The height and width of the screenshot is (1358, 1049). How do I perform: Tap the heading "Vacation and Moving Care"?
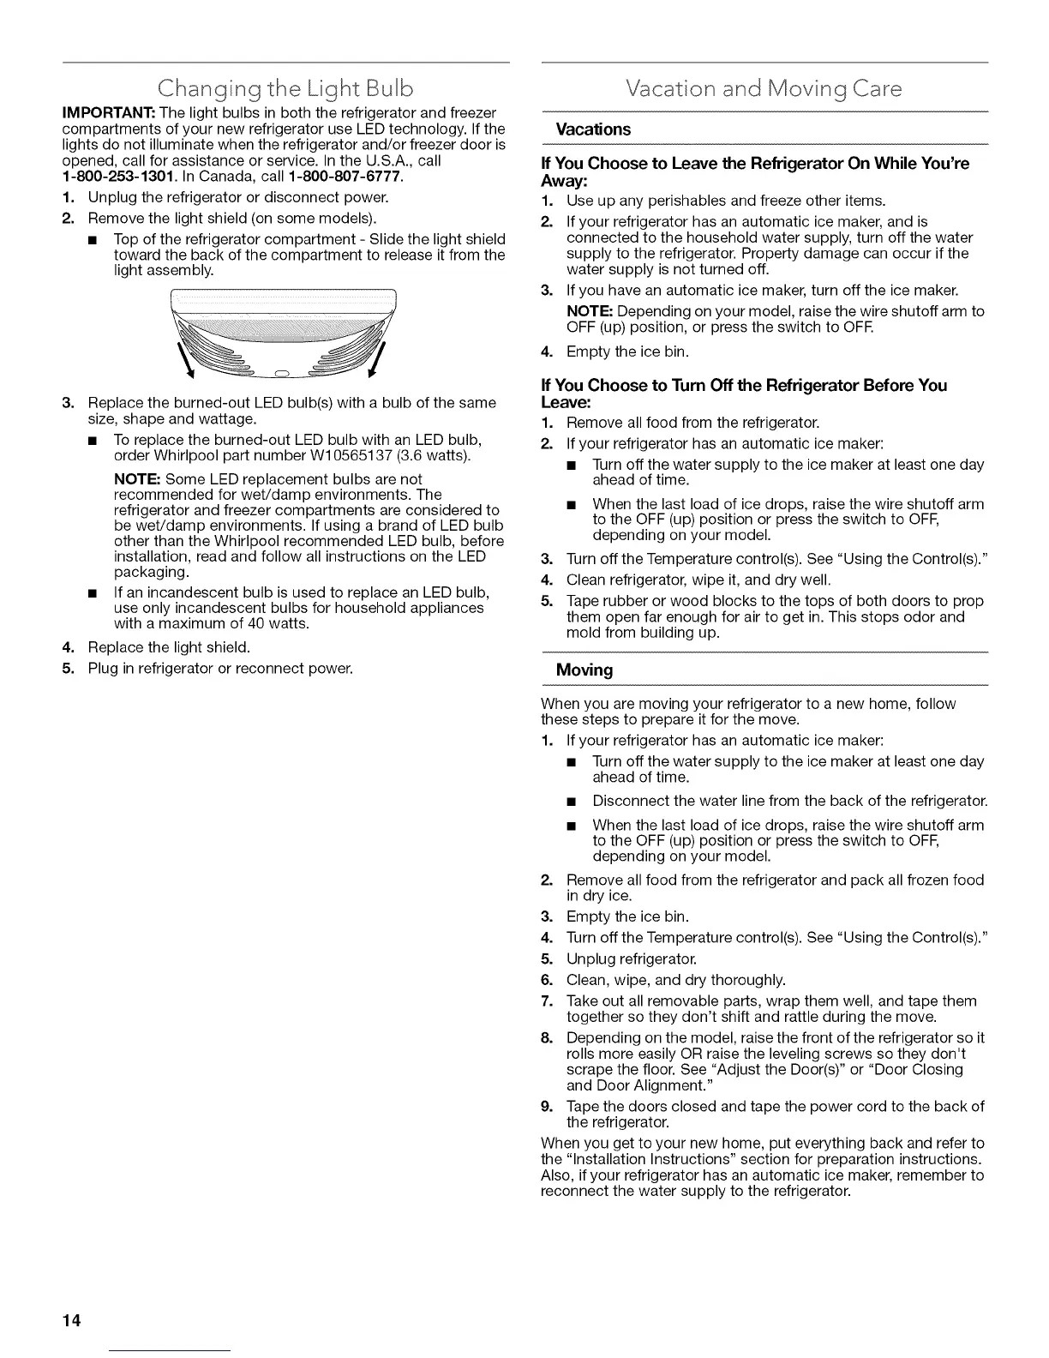point(764,88)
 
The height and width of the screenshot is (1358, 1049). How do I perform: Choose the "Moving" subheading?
point(584,670)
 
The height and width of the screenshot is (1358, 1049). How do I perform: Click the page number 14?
point(71,1320)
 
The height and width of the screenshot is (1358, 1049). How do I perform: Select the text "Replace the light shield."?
point(169,647)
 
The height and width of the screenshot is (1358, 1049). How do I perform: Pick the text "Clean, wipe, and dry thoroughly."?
point(675,980)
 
